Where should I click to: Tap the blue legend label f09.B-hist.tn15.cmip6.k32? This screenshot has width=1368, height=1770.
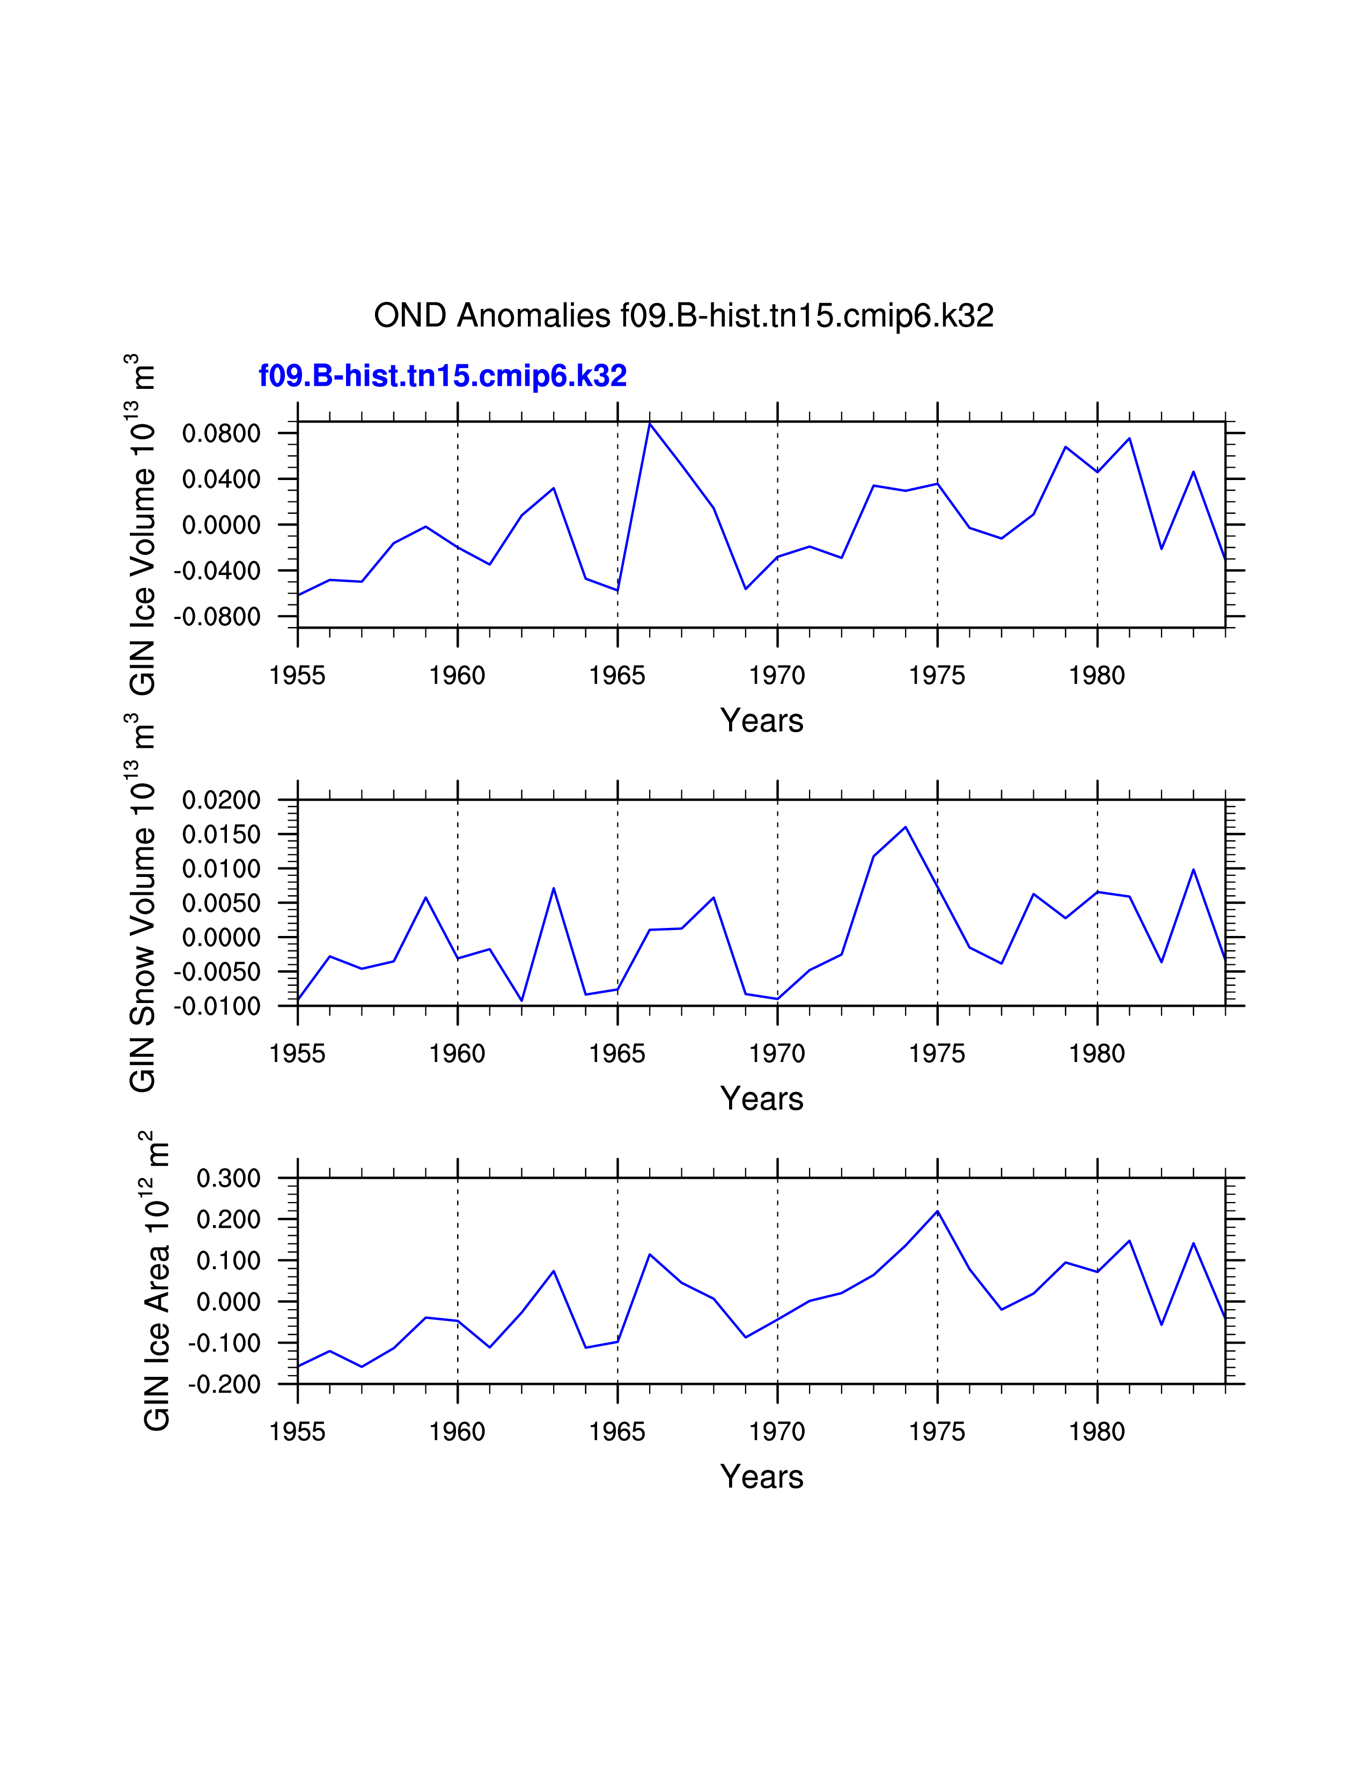[443, 376]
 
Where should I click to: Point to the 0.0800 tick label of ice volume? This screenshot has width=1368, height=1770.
[221, 433]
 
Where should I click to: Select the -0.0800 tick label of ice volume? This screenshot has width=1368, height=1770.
[217, 617]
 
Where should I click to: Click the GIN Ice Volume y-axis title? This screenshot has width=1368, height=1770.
[143, 525]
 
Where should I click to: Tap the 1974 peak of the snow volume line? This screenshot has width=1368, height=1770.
[905, 828]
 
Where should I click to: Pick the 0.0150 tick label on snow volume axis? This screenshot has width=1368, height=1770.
[221, 835]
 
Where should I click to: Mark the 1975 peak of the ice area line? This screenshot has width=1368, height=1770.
[938, 1212]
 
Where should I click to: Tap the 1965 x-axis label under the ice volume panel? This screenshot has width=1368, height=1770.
[617, 676]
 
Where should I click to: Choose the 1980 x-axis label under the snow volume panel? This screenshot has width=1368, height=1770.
[1097, 1053]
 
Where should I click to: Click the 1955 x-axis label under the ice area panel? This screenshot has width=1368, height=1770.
[297, 1432]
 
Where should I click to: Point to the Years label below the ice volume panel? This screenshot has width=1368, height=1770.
[761, 720]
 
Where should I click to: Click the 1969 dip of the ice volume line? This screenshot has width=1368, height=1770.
[746, 588]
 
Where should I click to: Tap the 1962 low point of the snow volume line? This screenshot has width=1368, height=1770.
[522, 1000]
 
